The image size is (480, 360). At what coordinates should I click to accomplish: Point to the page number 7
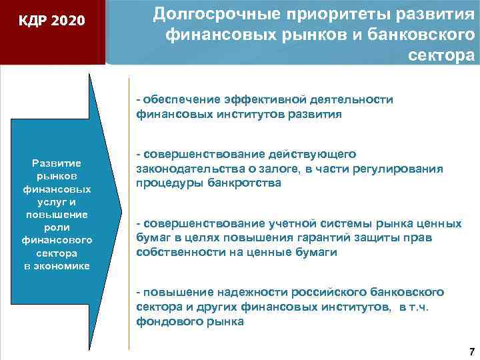coord(471,351)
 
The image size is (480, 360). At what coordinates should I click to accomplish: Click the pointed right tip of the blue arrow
coord(121,212)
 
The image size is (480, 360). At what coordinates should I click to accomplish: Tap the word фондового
coord(165,321)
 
